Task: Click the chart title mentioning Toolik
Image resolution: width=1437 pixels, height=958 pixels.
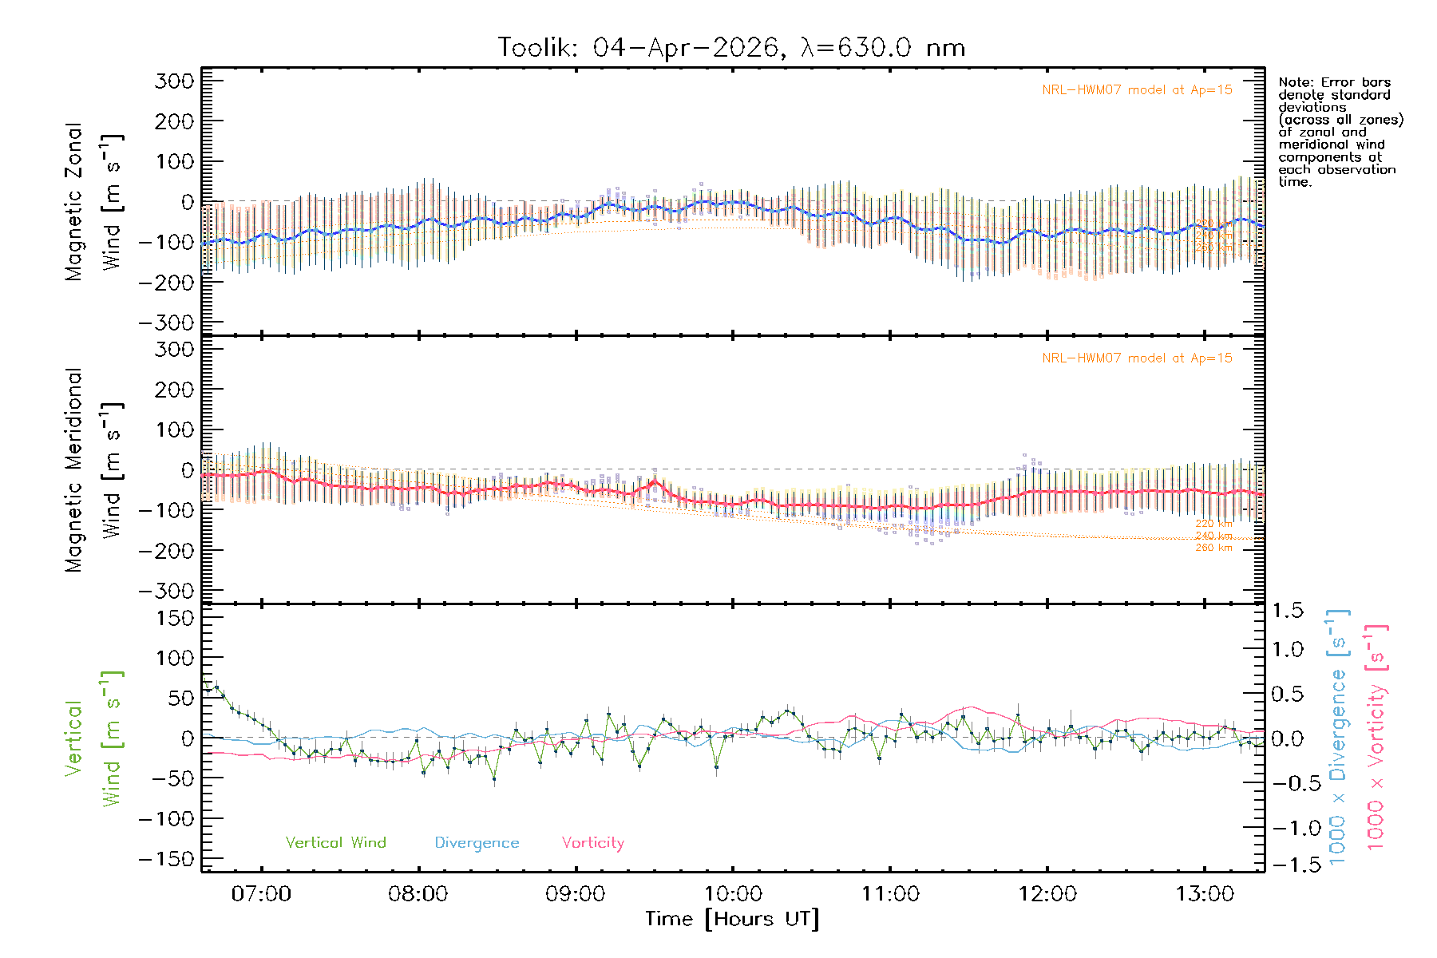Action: (731, 48)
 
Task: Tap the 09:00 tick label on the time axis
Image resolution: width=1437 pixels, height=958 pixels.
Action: (575, 894)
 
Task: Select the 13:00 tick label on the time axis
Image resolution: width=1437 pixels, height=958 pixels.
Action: (1204, 894)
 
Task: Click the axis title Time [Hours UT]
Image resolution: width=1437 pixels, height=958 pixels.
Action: (732, 919)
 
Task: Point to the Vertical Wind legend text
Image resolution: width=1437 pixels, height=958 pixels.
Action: (335, 843)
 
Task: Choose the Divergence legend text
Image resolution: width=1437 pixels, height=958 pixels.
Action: (477, 843)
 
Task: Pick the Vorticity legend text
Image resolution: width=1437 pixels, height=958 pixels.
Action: (592, 843)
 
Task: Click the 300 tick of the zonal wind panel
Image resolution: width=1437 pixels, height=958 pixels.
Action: (174, 81)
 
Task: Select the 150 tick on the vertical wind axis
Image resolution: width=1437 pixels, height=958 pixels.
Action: (174, 618)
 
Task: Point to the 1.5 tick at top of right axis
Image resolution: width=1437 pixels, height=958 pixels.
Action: (1288, 611)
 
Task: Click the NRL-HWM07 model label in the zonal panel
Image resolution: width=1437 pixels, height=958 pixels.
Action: (1137, 90)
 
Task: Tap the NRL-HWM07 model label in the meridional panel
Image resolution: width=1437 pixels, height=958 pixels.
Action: (1137, 358)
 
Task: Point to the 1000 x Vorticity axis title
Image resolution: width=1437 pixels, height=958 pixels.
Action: (1376, 737)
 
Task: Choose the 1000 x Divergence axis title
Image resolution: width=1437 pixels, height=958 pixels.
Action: (1338, 737)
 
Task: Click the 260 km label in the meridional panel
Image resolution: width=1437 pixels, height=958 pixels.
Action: (1213, 548)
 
